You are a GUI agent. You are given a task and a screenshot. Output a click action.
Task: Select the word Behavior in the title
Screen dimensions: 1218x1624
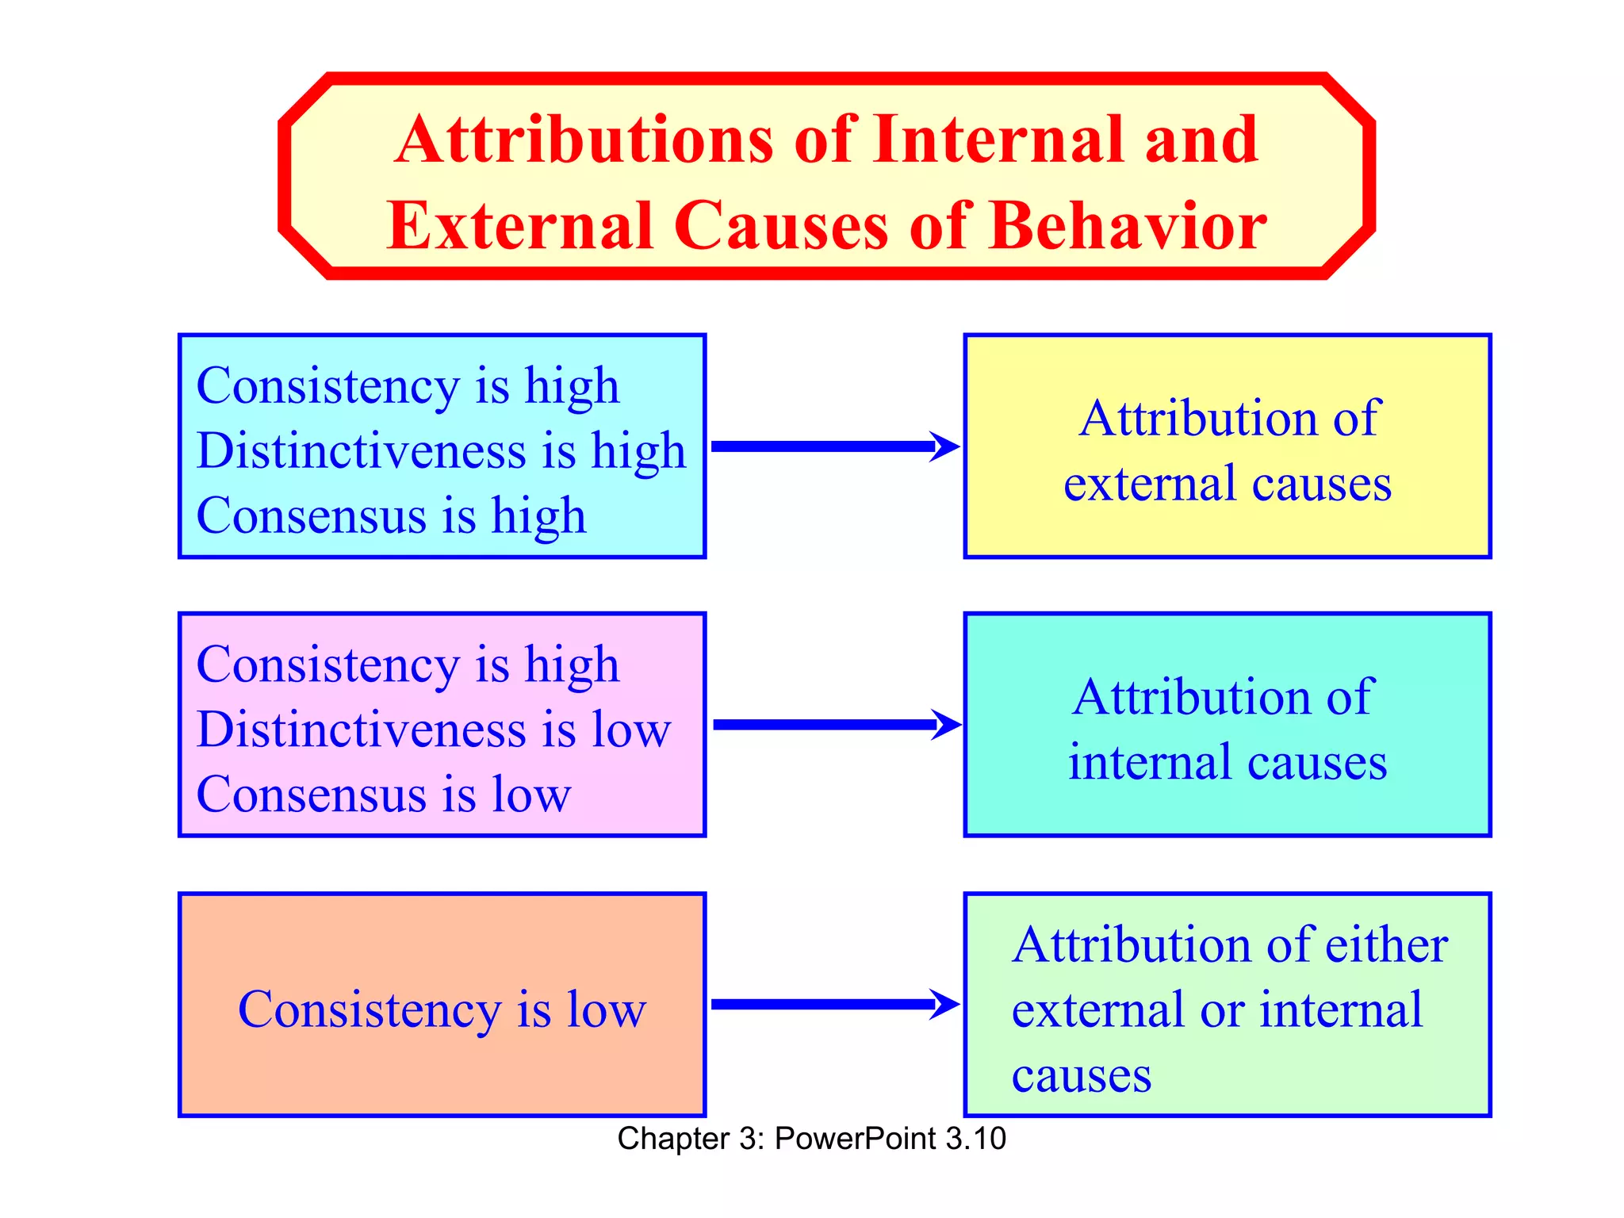(1128, 227)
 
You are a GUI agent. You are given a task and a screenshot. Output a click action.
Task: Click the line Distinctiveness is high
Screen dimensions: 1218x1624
(441, 451)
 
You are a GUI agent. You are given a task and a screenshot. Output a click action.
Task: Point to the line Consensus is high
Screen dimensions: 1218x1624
(391, 516)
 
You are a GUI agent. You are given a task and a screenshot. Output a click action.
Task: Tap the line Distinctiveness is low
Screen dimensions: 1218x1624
(434, 730)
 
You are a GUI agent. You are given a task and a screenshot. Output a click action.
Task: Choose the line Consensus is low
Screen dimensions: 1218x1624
(383, 795)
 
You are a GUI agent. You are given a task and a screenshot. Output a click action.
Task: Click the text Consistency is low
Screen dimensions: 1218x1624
(442, 1010)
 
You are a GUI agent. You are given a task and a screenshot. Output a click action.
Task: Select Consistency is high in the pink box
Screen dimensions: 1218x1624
(408, 665)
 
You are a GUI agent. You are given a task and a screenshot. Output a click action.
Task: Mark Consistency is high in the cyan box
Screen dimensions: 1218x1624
(408, 386)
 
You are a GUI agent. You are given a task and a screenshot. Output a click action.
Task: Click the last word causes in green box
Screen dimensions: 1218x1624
(1081, 1076)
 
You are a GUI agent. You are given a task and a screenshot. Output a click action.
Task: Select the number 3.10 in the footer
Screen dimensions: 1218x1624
(976, 1139)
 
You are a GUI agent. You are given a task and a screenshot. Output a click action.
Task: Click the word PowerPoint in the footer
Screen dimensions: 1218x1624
(856, 1139)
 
